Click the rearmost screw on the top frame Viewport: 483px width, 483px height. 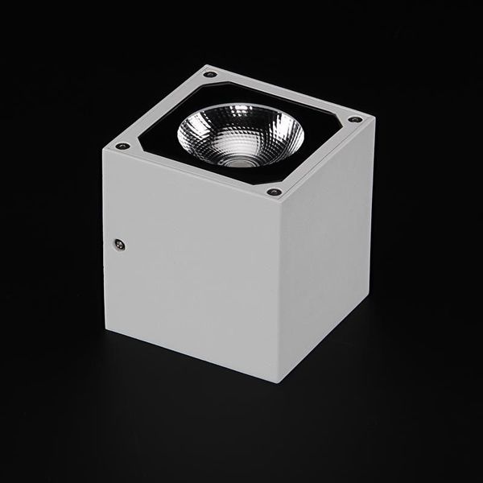[210, 75]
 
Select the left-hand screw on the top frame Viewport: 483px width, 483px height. [123, 147]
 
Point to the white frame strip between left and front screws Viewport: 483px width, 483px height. [193, 173]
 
